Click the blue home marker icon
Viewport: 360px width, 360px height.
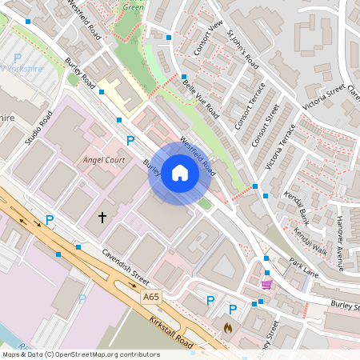pos(180,174)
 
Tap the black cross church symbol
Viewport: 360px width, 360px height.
pos(102,217)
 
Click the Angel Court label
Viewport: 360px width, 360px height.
pos(105,160)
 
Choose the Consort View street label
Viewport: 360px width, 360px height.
pos(208,38)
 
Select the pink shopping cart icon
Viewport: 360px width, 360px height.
pos(266,284)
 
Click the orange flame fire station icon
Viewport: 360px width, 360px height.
pos(227,328)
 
